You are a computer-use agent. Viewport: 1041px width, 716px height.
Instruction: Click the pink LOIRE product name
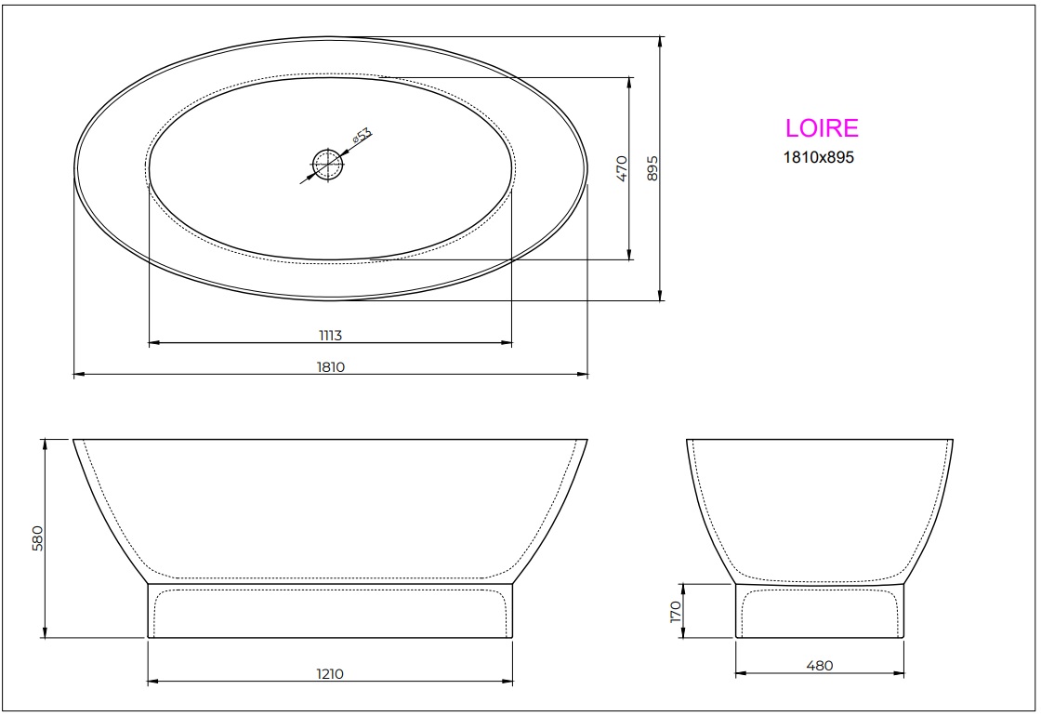pos(822,128)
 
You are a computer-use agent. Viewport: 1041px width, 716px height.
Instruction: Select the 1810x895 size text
pos(819,157)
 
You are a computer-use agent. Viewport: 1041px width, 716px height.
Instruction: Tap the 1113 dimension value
pos(330,334)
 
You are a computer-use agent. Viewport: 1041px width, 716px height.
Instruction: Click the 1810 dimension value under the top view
pos(330,366)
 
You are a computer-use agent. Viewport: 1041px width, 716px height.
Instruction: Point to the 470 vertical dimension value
pos(622,167)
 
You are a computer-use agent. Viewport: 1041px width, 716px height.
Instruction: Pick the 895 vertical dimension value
pos(652,167)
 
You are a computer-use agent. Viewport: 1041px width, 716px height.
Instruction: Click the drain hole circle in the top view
pos(327,166)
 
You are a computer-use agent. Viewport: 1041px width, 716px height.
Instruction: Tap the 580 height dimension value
pos(37,539)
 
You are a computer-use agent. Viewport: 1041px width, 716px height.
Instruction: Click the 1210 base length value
pos(330,673)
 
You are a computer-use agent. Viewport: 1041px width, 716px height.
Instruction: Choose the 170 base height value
pos(676,611)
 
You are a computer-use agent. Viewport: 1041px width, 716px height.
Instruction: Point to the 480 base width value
pos(820,665)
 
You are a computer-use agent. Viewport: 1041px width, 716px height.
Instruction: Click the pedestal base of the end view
pos(820,611)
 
